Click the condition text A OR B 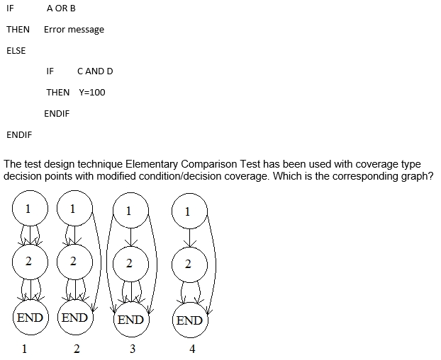pos(61,8)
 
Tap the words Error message pos(74,30)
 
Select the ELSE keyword pos(16,51)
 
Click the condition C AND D pos(95,71)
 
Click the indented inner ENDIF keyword pos(57,114)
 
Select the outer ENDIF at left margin pos(18,134)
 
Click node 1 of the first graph pos(28,209)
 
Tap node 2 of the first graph pos(28,262)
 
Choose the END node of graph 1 pos(30,318)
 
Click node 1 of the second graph pos(72,209)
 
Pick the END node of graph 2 pos(74,318)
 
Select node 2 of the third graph pos(128,264)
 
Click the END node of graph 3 pos(130,320)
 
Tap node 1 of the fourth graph pos(187,211)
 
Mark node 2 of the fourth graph pos(187,265)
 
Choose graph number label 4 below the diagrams pos(192,349)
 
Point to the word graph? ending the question pos(417,176)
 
